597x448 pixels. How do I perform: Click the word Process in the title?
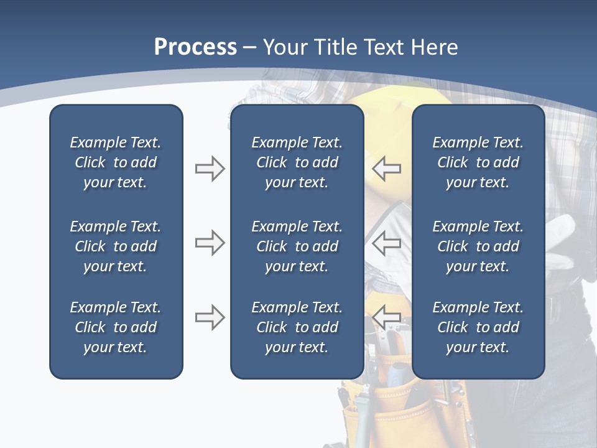point(195,47)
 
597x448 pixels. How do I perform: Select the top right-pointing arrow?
point(210,169)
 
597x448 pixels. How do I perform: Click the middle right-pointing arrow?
point(210,243)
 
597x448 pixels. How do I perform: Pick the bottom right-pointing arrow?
point(210,317)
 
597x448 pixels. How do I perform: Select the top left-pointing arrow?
point(386,169)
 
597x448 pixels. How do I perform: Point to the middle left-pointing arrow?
point(386,243)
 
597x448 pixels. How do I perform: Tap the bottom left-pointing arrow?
point(386,317)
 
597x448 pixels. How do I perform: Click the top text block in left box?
point(116,162)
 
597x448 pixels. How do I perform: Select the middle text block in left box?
point(116,246)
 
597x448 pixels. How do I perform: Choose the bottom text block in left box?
point(116,327)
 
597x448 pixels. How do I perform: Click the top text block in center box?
point(297,162)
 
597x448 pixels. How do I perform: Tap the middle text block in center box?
point(297,246)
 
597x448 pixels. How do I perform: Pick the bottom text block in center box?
point(297,327)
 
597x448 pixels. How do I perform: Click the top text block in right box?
point(478,162)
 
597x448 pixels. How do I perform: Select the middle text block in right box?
point(478,246)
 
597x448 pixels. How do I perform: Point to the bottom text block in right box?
point(478,327)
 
